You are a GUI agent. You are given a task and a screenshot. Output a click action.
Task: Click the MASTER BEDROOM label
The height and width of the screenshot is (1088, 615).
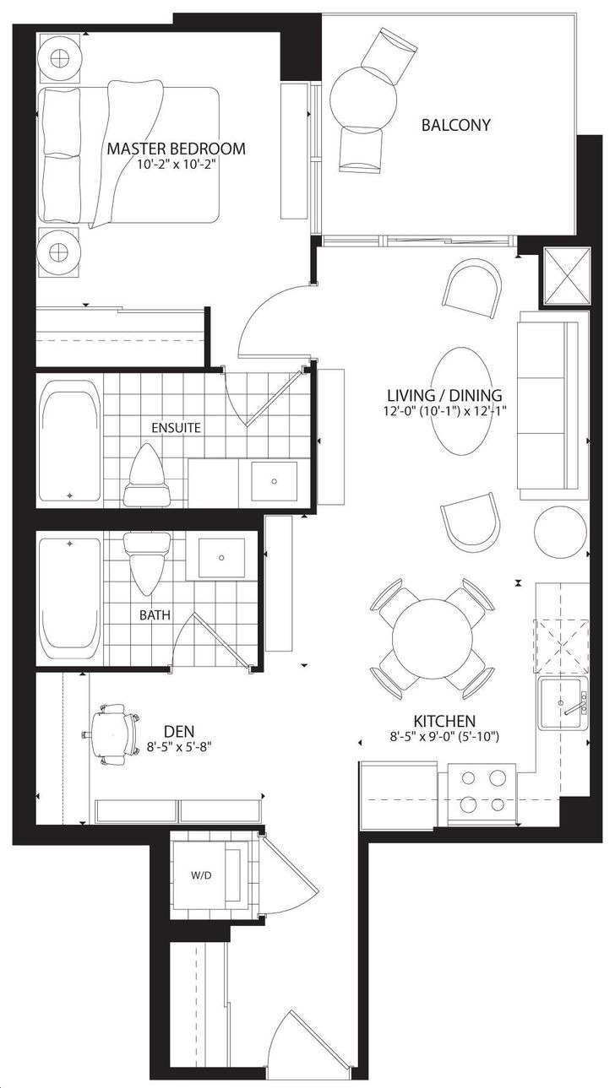coord(176,149)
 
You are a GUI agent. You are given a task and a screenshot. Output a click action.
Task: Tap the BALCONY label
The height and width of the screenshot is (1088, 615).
coord(455,125)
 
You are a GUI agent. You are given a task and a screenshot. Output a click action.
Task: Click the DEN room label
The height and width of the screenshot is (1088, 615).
coord(179,730)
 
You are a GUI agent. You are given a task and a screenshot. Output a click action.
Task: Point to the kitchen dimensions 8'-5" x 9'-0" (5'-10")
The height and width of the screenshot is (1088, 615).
coord(444,737)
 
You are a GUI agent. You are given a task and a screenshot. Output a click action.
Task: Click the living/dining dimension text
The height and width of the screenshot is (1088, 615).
coord(444,411)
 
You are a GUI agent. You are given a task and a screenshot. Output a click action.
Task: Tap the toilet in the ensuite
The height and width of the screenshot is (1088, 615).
coord(147,475)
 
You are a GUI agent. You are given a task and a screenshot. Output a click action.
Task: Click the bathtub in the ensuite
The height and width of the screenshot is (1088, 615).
coord(70,441)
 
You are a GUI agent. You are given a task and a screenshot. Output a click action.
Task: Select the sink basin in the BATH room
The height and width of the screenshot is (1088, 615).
coord(221,558)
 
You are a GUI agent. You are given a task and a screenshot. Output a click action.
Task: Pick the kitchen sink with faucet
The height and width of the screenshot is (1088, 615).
coord(563,704)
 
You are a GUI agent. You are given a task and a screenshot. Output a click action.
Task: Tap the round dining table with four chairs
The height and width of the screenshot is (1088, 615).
coord(433,639)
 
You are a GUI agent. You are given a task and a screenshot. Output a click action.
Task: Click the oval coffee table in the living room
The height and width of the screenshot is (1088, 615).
coord(465,401)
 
